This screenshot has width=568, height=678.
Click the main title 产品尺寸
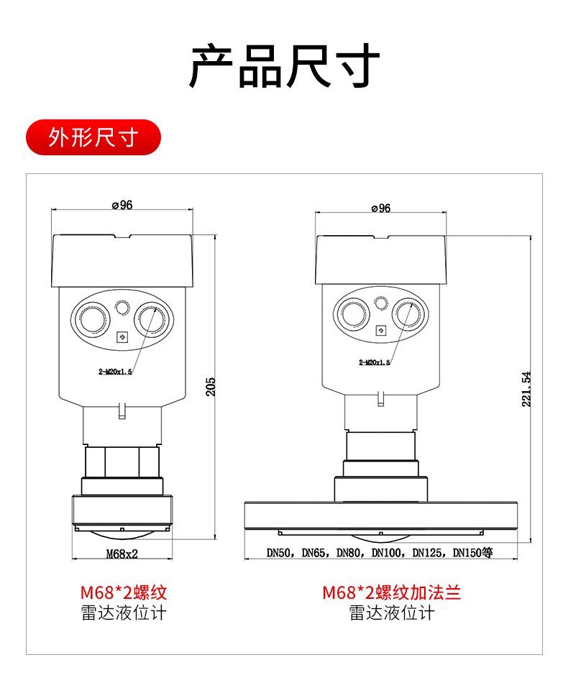(284, 65)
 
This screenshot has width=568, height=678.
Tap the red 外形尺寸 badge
(93, 137)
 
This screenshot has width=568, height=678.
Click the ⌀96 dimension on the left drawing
(122, 205)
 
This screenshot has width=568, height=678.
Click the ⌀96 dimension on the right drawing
(380, 209)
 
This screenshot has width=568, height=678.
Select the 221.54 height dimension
(526, 389)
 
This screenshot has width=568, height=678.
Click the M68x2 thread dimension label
(122, 554)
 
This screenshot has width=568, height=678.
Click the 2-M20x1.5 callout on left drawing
(115, 372)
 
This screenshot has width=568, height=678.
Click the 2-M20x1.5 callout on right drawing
(374, 363)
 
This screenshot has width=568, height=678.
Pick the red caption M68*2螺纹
(124, 592)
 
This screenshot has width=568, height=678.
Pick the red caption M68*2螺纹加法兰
(391, 592)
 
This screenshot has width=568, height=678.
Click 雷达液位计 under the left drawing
(124, 613)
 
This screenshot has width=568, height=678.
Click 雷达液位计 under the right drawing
(391, 613)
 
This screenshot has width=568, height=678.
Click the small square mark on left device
(122, 336)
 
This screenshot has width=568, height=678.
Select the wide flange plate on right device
(381, 516)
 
